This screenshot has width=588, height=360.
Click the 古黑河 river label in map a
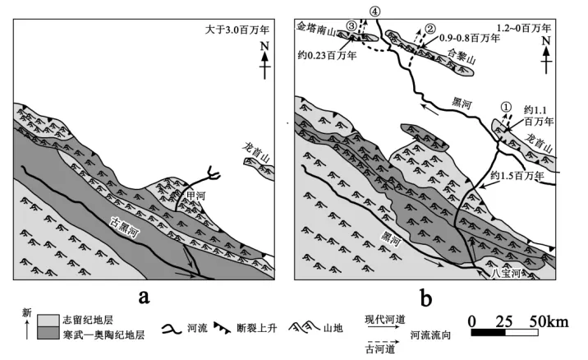(125, 227)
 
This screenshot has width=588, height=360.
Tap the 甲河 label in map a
(196, 195)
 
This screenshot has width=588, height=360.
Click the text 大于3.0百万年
(237, 30)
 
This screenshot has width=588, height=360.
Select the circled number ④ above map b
(374, 12)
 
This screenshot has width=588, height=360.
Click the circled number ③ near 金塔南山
(351, 25)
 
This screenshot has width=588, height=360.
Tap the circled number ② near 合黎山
(430, 28)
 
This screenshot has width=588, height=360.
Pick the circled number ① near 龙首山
(506, 107)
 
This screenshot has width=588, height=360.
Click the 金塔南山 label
(315, 29)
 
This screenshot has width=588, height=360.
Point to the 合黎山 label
(462, 57)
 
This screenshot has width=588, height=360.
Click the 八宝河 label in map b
(506, 274)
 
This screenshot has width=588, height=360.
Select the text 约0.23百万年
(327, 56)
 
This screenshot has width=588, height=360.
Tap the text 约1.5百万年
(517, 175)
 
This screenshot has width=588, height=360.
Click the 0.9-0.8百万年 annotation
(470, 38)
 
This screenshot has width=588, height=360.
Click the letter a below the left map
(144, 297)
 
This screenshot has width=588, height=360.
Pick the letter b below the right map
(426, 298)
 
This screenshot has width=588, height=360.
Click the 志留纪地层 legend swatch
(48, 321)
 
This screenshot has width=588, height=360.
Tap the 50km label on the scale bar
(549, 321)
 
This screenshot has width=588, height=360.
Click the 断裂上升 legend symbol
(222, 328)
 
